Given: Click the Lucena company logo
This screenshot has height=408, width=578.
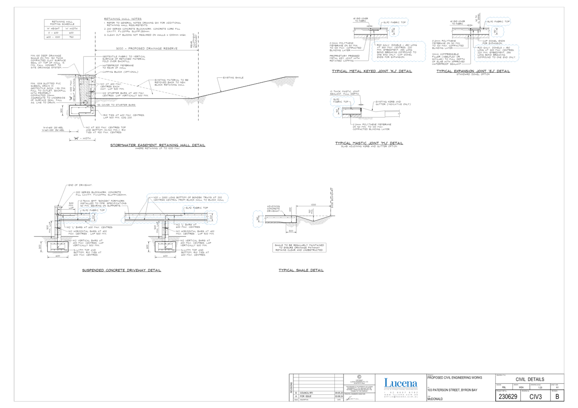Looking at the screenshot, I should tap(401, 383).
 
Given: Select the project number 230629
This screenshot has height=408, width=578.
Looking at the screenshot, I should tap(508, 396).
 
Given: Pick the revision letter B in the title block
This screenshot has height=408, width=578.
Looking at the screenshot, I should tap(557, 396).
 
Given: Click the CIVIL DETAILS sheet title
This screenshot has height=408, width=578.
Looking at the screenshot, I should tap(530, 379).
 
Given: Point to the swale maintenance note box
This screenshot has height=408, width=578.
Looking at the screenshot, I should tap(299, 248).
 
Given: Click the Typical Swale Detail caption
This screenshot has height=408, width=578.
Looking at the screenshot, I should tap(301, 270).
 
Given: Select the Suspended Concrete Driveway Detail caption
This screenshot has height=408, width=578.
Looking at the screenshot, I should tap(122, 270).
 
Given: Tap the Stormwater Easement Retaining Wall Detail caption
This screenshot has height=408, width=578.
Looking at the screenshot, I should tap(158, 145).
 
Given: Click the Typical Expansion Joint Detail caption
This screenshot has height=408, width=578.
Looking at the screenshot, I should tap(473, 71).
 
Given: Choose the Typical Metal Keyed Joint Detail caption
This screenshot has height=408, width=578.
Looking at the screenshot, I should tap(372, 71).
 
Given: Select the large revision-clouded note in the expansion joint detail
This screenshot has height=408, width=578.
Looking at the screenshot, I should tap(497, 53).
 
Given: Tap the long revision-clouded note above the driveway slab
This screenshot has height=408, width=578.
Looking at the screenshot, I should tap(187, 198).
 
